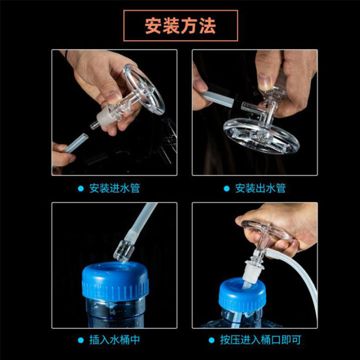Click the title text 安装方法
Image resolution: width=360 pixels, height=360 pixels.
[x=180, y=25]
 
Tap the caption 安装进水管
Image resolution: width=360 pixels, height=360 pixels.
[x=114, y=188]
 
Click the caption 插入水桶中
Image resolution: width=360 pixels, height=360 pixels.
[x=114, y=340]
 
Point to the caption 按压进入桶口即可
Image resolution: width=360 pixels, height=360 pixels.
[x=260, y=340]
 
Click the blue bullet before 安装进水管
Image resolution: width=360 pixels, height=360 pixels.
[x=80, y=188]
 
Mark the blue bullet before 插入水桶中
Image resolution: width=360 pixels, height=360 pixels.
[x=80, y=340]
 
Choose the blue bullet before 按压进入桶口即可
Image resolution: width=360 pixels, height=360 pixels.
[x=211, y=340]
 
